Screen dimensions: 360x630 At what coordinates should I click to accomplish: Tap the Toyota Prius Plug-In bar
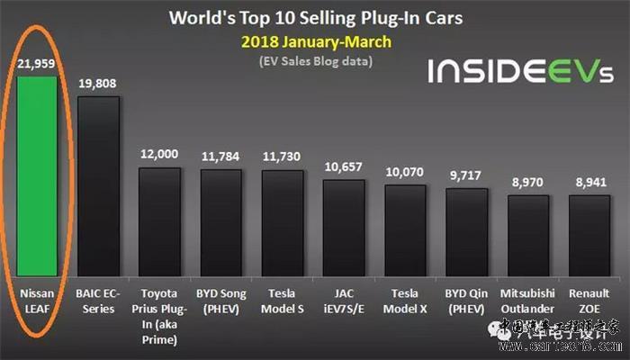pos(160,220)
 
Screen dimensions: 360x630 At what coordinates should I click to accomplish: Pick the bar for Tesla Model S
pos(283,221)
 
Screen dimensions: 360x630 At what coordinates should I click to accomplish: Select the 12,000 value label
pos(160,154)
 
